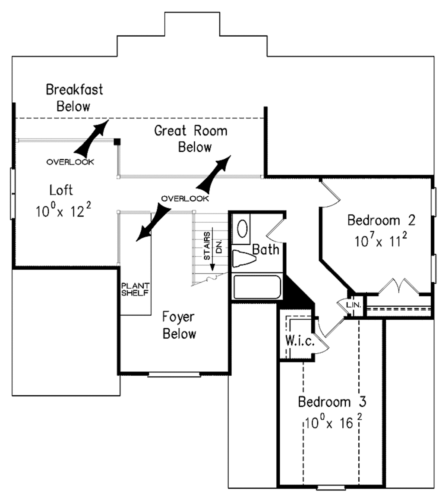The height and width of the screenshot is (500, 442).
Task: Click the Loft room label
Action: pyautogui.click(x=61, y=190)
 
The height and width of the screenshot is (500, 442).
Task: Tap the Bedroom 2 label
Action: pyautogui.click(x=382, y=220)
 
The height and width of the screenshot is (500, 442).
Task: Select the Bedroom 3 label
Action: pyautogui.click(x=332, y=402)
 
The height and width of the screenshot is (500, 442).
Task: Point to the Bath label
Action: pyautogui.click(x=266, y=249)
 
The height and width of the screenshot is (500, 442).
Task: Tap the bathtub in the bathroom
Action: pyautogui.click(x=257, y=287)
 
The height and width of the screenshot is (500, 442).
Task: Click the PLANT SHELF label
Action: pyautogui.click(x=136, y=289)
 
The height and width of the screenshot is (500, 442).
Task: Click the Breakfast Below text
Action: pyautogui.click(x=74, y=97)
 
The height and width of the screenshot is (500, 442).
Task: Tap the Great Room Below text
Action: pyautogui.click(x=191, y=138)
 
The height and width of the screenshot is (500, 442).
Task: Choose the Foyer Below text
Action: pyautogui.click(x=179, y=325)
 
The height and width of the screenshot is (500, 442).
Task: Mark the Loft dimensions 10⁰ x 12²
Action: pyautogui.click(x=63, y=211)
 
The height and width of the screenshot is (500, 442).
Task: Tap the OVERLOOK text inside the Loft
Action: pyautogui.click(x=70, y=162)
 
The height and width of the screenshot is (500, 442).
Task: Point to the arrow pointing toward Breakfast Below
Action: pyautogui.click(x=92, y=137)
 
